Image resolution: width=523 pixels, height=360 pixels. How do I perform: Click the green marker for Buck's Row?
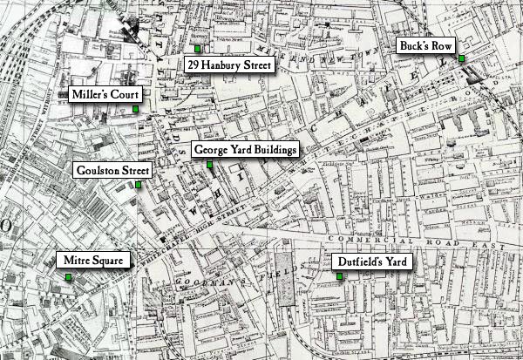(x=461, y=58)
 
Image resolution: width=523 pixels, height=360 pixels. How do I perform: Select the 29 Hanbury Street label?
(x=230, y=65)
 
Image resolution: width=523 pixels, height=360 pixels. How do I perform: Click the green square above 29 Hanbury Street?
(x=198, y=47)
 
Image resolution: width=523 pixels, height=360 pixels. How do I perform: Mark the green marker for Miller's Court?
(x=136, y=109)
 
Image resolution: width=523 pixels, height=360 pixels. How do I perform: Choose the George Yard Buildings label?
(x=245, y=150)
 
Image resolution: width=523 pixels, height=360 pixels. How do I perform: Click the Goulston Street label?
(x=112, y=170)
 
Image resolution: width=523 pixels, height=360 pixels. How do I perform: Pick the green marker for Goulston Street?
(x=138, y=185)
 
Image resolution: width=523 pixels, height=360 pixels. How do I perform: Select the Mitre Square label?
(x=93, y=260)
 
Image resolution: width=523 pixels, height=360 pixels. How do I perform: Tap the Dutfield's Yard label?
(x=370, y=261)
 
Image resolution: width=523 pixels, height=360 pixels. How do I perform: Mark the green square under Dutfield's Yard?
(x=339, y=276)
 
